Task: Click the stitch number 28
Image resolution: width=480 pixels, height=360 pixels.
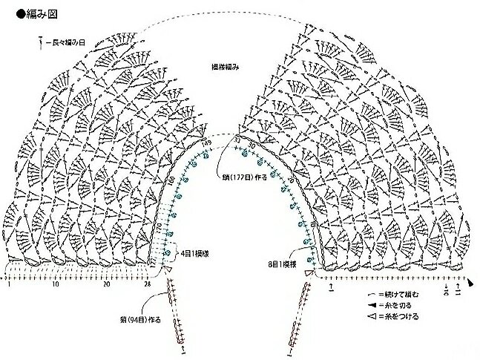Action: pyautogui.click(x=148, y=284)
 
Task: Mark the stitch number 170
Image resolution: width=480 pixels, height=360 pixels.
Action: pyautogui.click(x=157, y=225)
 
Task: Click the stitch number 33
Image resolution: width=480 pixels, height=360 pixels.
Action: pyautogui.click(x=237, y=138)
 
